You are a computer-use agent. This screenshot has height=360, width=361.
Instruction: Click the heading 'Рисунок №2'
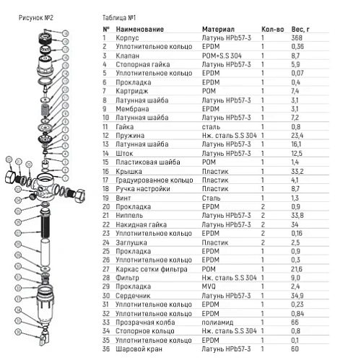[x=36, y=18]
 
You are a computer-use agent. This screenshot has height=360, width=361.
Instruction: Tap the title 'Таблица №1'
[x=119, y=18]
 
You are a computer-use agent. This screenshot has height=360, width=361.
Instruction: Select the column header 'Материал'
[x=218, y=30]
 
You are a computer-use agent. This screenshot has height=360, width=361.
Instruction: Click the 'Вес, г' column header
[x=300, y=30]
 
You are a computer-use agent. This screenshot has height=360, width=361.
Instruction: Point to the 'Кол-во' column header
[x=273, y=30]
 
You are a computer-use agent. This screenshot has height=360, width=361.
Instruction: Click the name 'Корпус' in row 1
[x=127, y=38]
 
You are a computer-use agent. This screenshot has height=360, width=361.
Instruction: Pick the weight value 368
[x=297, y=38]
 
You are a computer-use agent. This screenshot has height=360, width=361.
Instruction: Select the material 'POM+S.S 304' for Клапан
[x=222, y=56]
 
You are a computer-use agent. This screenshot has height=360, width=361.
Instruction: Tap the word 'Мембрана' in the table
[x=132, y=109]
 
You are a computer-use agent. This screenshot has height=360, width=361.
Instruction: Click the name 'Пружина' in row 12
[x=130, y=136]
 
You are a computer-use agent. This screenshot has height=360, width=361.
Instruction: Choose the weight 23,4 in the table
[x=297, y=136]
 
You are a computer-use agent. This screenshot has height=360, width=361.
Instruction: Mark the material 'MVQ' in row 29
[x=209, y=286]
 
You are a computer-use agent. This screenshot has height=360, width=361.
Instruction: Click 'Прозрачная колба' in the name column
[x=145, y=322]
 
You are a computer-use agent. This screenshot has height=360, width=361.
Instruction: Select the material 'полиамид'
[x=217, y=322]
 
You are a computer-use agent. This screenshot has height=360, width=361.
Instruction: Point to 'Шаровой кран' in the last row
[x=139, y=349]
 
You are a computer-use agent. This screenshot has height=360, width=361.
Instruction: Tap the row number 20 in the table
[x=106, y=207]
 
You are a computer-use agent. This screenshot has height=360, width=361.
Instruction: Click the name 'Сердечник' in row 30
[x=133, y=296]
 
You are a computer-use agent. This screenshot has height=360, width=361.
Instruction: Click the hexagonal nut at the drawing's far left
[x=11, y=177]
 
